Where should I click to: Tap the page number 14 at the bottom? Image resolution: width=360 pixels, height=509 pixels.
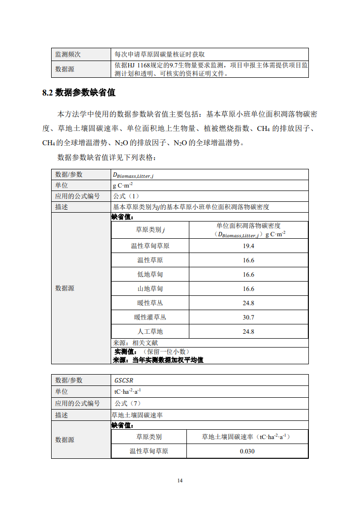(x=180, y=480)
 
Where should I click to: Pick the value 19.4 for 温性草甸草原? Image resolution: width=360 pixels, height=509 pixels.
(x=248, y=246)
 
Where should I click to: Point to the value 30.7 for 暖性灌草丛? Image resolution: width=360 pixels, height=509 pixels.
(x=248, y=318)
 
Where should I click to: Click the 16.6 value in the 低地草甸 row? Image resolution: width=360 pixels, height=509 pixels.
(x=248, y=275)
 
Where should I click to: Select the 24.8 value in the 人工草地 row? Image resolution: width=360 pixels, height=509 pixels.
(x=248, y=332)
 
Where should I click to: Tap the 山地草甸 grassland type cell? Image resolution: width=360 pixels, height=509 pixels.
(x=150, y=289)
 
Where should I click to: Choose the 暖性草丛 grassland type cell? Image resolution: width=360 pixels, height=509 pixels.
(x=150, y=303)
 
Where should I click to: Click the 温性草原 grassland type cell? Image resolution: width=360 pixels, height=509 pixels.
(x=150, y=260)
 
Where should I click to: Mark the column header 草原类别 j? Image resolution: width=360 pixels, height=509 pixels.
(x=150, y=230)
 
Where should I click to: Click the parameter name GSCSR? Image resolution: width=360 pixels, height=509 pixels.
(x=124, y=381)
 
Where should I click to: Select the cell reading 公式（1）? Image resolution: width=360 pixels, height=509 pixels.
(x=126, y=196)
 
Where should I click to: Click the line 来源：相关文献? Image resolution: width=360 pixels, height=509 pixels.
(x=136, y=343)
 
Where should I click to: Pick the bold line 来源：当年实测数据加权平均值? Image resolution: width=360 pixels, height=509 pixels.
(x=158, y=360)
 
